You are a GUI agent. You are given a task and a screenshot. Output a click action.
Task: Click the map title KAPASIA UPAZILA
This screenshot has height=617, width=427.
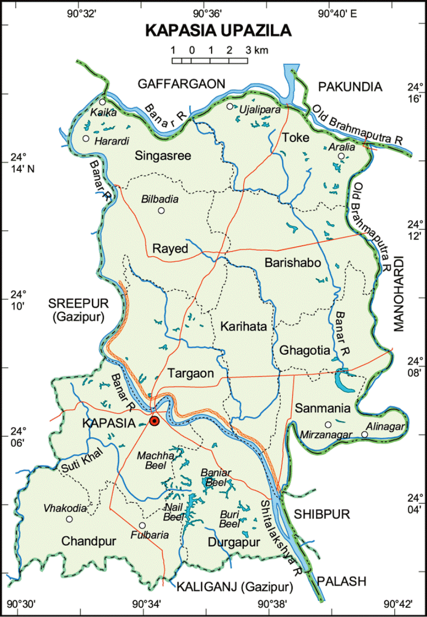218,31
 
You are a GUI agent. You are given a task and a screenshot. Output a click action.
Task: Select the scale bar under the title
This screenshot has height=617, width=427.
210,60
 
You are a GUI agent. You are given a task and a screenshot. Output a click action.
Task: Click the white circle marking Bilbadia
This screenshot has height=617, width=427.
161,210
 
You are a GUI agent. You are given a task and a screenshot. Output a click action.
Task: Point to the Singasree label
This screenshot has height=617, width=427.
163,156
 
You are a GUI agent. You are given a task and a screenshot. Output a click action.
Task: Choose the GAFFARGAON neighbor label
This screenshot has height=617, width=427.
181,83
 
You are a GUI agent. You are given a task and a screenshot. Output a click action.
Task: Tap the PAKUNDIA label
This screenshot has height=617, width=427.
350,87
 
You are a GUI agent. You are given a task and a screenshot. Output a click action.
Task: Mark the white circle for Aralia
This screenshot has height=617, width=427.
341,156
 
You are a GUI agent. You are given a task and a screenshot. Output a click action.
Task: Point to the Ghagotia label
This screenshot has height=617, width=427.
304,351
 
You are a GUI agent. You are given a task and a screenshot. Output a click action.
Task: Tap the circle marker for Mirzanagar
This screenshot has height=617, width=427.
328,425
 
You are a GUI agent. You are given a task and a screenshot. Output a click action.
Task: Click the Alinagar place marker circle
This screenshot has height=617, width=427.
364,434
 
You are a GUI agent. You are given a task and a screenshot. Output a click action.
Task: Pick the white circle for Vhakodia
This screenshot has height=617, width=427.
69,519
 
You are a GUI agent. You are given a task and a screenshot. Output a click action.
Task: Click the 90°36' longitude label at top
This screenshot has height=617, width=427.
207,14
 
